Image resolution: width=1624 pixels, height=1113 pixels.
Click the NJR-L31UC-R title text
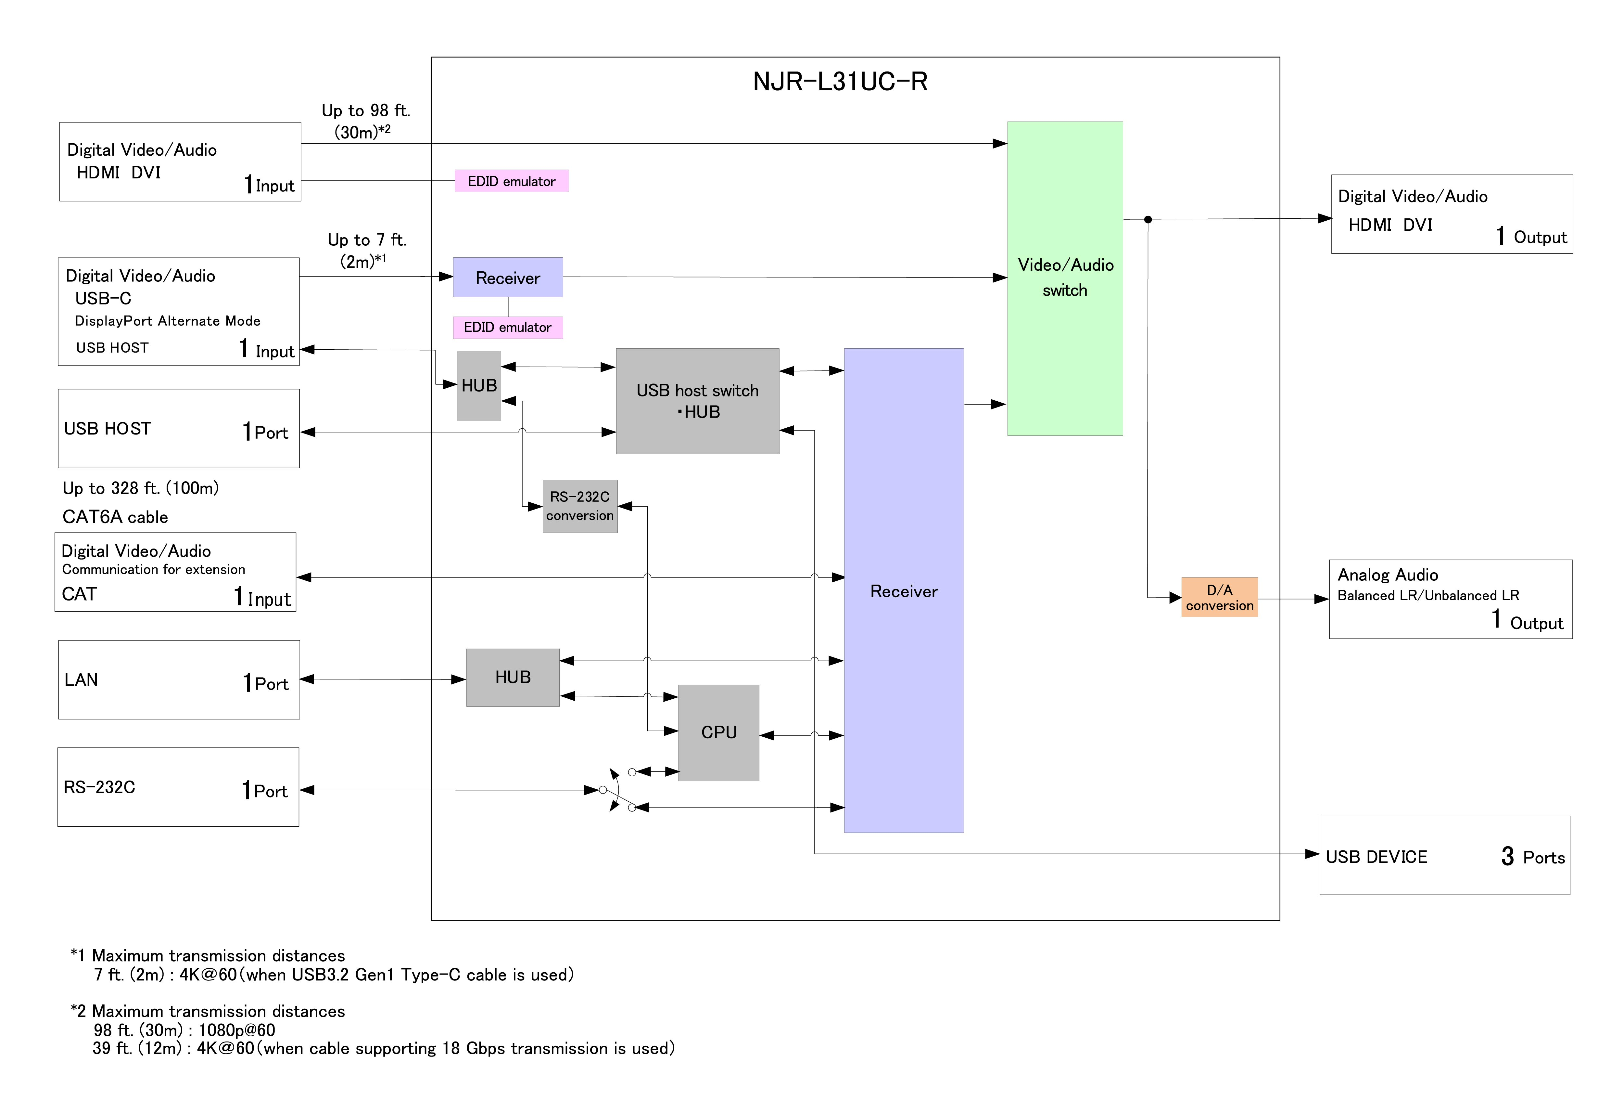840,82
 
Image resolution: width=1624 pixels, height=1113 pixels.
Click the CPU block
718,732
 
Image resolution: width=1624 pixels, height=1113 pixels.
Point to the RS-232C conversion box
579,506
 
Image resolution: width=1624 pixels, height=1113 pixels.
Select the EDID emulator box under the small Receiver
507,327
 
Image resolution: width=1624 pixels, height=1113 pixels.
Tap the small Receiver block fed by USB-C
507,278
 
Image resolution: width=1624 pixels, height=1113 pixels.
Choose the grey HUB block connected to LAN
512,677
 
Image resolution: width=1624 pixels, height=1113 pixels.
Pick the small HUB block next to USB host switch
479,385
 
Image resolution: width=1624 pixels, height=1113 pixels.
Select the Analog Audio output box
1450,599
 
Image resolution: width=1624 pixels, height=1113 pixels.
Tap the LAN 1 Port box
179,679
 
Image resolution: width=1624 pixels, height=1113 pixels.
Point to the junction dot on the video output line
1148,220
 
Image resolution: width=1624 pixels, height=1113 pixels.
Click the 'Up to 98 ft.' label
365,110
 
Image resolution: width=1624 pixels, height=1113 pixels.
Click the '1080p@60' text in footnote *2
237,1030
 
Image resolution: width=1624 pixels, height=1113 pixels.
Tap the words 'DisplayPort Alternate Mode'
168,321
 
